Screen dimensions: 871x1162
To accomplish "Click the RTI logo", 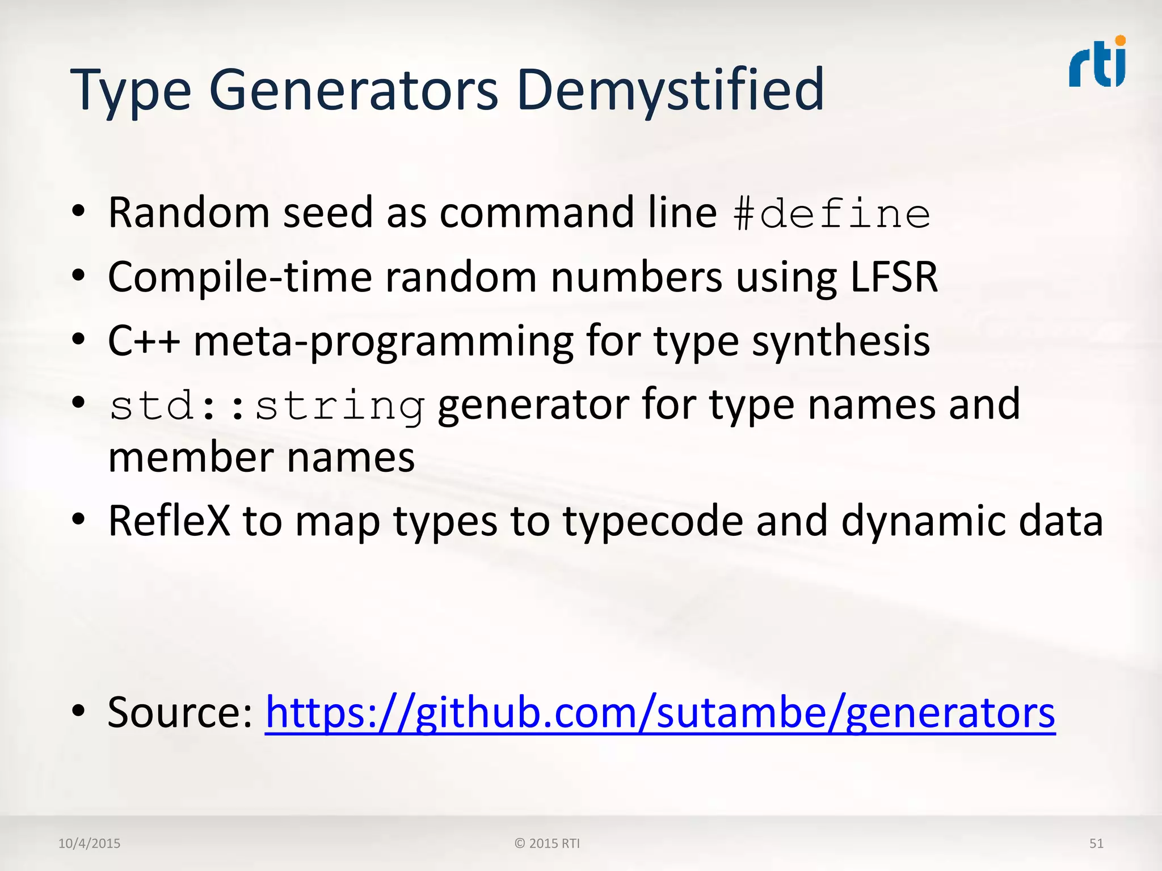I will (x=1097, y=62).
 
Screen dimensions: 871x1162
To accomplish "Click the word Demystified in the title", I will (x=670, y=90).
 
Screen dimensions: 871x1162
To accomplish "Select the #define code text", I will (x=831, y=214).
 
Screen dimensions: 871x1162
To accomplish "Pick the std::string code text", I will (x=267, y=406).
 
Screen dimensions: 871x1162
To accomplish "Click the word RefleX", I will (x=169, y=521).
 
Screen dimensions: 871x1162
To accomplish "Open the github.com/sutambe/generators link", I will (x=660, y=712).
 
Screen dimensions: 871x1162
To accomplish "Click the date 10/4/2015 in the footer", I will (x=90, y=843).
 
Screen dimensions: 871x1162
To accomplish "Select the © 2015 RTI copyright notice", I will (x=547, y=843).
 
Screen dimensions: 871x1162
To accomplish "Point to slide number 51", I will (x=1096, y=843).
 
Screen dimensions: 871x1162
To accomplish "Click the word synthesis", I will (x=841, y=342).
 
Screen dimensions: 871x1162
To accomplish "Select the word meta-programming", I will (x=383, y=342).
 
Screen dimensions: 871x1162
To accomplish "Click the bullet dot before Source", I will (x=78, y=711).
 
